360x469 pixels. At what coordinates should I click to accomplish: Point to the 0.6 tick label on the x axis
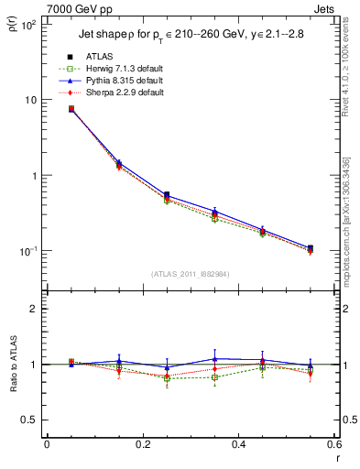[334, 443]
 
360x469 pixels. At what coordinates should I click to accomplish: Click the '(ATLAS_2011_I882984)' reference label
[190, 273]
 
